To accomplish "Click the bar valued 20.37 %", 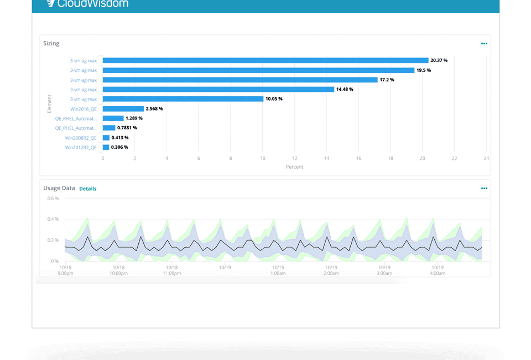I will coord(265,60).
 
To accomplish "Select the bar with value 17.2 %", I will coord(240,80).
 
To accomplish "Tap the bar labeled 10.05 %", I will coord(183,99).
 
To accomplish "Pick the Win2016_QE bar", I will coord(123,109).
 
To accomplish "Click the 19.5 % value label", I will coord(424,70).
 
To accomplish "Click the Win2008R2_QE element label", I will coord(81,138).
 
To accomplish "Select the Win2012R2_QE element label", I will coord(81,148).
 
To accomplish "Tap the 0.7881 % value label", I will coord(128,128).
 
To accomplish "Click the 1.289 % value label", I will coord(134,118).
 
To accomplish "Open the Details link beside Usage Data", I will coord(87,189).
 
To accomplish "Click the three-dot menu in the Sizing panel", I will coord(484,44).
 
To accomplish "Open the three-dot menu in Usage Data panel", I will coord(484,189).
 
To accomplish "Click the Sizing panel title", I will coord(51,43).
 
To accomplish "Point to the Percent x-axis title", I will coord(294,167).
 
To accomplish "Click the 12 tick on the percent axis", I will coord(294,158).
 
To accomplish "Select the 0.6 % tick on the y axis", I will coord(53,198).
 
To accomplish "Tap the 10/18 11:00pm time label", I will coord(171,270).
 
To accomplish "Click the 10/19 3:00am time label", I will coord(384,270).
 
